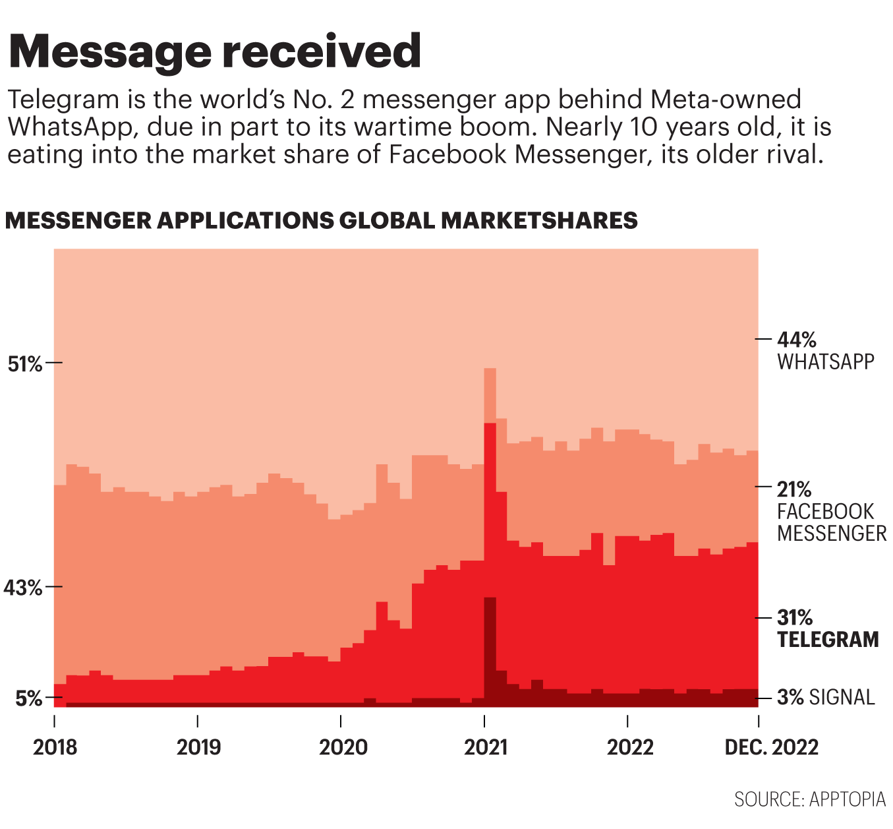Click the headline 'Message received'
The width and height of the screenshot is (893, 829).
(x=214, y=51)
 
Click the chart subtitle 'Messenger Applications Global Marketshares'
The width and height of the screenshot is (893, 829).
(x=321, y=220)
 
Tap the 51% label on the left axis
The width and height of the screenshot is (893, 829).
(x=24, y=363)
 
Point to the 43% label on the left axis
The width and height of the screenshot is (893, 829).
(x=24, y=587)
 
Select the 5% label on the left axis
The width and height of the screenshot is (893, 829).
(x=29, y=698)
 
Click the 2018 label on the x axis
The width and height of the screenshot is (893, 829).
(x=55, y=747)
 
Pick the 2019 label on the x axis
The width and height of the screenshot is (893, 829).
(x=198, y=747)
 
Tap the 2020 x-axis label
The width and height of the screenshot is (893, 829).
(x=343, y=747)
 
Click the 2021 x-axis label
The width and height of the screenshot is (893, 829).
(x=486, y=747)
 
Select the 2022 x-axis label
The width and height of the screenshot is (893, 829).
(x=630, y=747)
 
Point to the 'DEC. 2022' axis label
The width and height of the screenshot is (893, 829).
(x=771, y=747)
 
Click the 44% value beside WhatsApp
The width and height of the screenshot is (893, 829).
(x=797, y=340)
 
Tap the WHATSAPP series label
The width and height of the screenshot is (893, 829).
(x=825, y=362)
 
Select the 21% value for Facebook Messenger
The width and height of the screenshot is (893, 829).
(x=794, y=489)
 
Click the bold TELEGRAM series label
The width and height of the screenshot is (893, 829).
(x=828, y=640)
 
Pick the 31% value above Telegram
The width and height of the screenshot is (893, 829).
(x=795, y=618)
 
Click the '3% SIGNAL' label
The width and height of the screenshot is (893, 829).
(x=826, y=697)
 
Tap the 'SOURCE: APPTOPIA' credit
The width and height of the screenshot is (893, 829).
(x=810, y=799)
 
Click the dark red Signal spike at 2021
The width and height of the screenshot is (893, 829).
(x=490, y=633)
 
